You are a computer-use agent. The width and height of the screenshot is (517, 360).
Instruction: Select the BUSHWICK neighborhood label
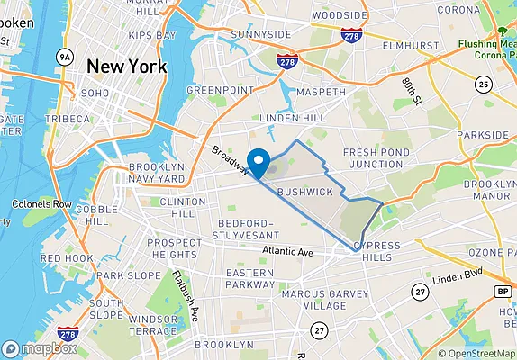(305, 193)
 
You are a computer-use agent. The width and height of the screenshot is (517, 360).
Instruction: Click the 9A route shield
(64, 57)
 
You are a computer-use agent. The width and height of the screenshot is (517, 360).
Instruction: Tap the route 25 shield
(484, 85)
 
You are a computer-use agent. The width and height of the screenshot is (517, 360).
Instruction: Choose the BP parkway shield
(502, 292)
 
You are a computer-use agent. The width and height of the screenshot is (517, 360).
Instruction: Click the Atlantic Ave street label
(287, 253)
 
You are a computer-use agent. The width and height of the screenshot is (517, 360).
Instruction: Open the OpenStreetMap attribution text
(476, 353)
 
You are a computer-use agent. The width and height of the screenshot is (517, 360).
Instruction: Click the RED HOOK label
(67, 258)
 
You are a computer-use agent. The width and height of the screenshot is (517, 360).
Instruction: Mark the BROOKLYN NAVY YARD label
(159, 173)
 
